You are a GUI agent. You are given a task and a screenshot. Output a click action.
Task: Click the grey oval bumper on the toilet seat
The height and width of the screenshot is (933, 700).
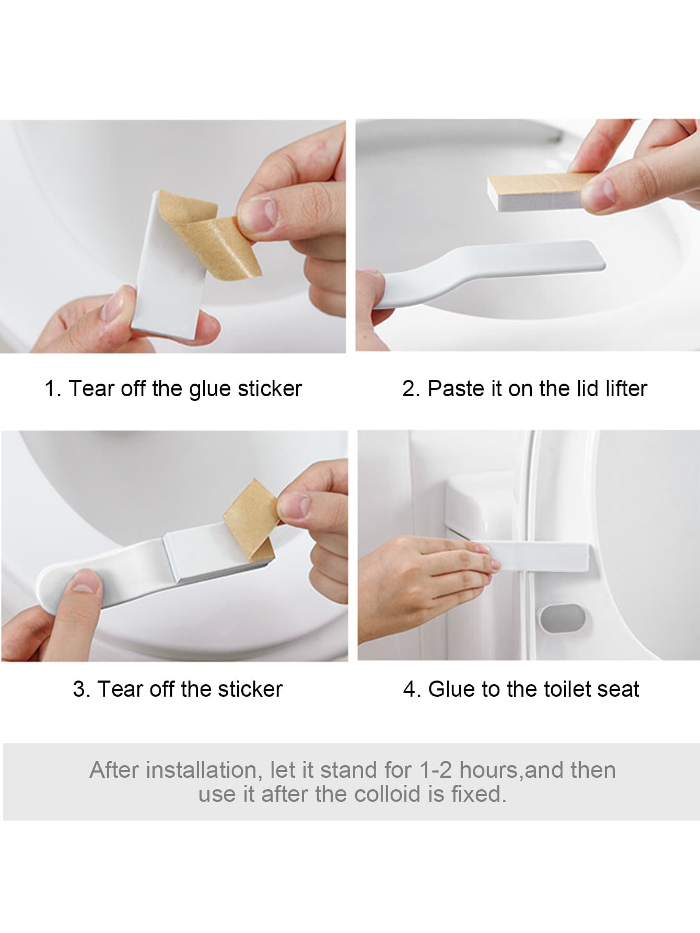click(565, 618)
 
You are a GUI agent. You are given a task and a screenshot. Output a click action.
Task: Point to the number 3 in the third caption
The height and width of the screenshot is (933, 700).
click(79, 689)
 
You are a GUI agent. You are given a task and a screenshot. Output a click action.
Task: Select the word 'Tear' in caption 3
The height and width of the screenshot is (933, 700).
click(121, 689)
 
